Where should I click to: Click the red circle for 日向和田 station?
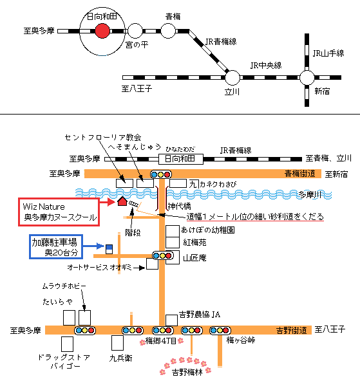click(102, 31)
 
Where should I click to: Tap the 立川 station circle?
click(232, 77)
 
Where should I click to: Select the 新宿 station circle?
click(307, 77)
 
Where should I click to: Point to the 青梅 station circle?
click(168, 31)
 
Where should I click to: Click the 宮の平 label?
click(137, 45)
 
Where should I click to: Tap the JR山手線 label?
click(328, 53)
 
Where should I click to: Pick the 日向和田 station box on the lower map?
click(181, 159)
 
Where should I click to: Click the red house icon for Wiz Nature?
click(122, 201)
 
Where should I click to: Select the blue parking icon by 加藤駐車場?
click(109, 249)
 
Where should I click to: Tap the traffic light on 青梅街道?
click(161, 174)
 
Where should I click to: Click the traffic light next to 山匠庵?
click(163, 255)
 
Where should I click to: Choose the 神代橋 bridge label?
click(179, 206)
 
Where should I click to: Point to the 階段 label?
click(133, 232)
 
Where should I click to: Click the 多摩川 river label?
click(310, 195)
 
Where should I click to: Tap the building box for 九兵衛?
click(117, 343)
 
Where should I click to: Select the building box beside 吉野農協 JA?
click(171, 320)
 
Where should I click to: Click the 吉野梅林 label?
click(187, 372)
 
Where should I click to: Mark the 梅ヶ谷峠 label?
click(241, 340)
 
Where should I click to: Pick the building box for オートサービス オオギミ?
click(153, 264)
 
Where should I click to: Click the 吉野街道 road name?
click(292, 330)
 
